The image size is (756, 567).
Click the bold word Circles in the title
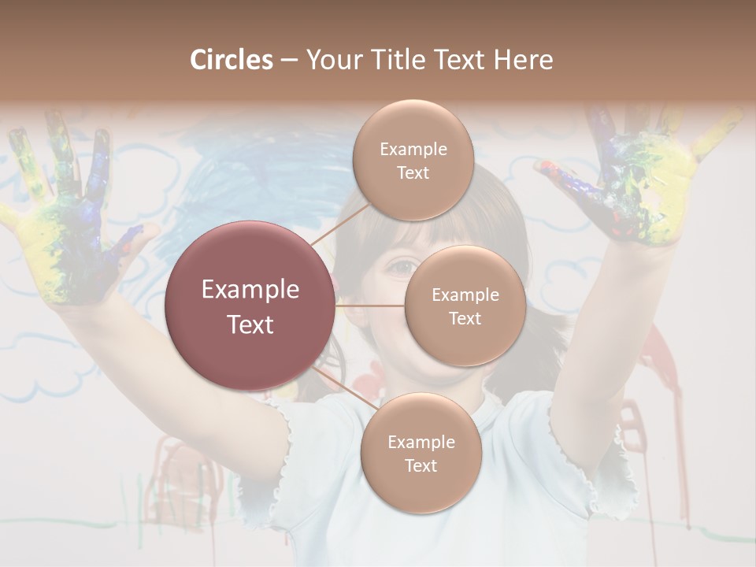coord(232,60)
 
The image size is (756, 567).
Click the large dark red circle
coord(250,306)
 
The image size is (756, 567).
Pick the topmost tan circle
coord(413,160)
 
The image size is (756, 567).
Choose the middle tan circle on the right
coord(465,306)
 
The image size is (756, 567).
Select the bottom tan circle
coord(421,454)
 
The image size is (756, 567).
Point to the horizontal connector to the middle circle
coord(370,306)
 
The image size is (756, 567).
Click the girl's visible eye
coord(402,268)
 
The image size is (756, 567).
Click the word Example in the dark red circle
coord(250,290)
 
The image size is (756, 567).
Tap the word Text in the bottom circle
coord(421,465)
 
